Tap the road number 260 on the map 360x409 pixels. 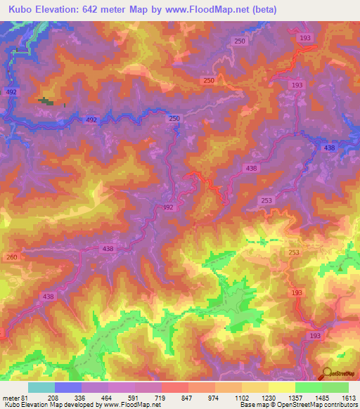pos(11,257)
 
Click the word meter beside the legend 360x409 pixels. pos(10,397)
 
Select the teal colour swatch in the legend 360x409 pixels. pos(41,387)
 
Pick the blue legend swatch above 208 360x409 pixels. pos(68,387)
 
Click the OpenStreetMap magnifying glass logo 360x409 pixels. pos(328,372)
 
